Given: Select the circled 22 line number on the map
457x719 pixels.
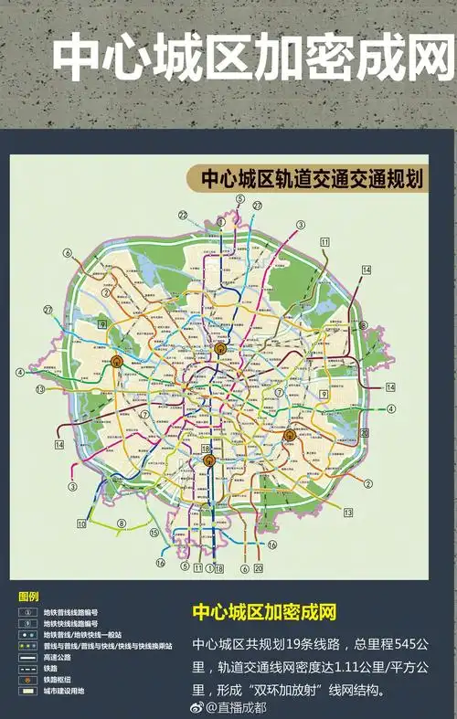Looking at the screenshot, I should click(x=183, y=215).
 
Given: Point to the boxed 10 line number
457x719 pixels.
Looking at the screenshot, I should click(x=81, y=523).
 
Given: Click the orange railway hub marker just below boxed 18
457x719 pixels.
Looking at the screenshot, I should click(x=208, y=460).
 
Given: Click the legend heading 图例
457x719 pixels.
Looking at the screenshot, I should click(x=28, y=596).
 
